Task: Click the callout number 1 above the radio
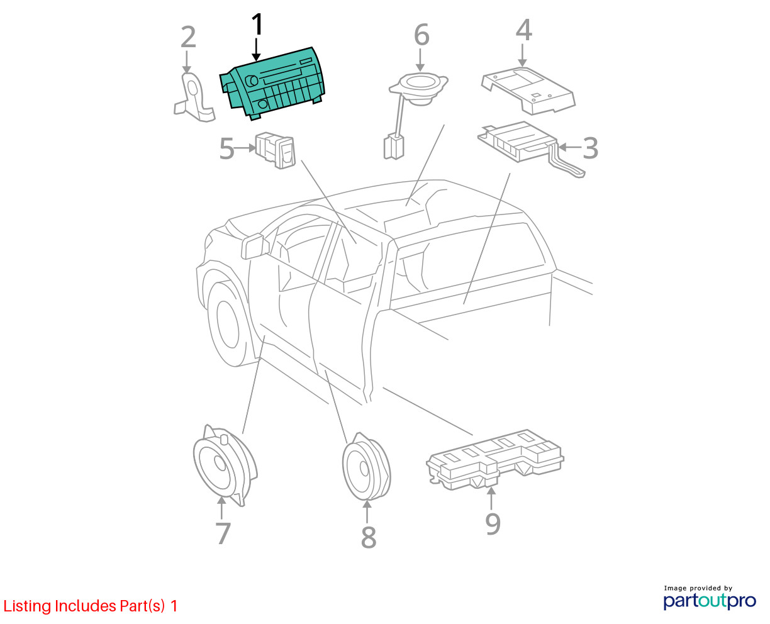tap(257, 25)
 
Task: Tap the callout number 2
tap(188, 37)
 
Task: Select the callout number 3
tap(590, 148)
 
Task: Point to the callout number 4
tap(524, 30)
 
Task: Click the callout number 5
tap(226, 148)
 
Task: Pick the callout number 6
tap(421, 35)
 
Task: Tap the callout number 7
tap(223, 533)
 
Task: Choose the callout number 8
tap(369, 538)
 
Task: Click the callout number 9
tap(493, 523)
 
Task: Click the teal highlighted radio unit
tap(272, 84)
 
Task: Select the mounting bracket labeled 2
tap(194, 97)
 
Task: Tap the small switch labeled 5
tap(275, 150)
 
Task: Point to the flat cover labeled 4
tap(528, 91)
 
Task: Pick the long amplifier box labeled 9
tap(495, 459)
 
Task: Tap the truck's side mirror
tap(255, 246)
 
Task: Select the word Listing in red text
tap(28, 606)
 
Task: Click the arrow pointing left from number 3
tap(570, 147)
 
